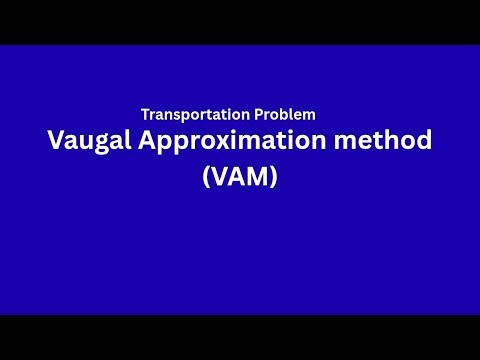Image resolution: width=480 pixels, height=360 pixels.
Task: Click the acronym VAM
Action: click(239, 180)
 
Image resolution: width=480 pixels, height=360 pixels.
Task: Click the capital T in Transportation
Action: click(145, 115)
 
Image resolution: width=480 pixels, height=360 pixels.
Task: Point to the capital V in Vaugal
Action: click(55, 141)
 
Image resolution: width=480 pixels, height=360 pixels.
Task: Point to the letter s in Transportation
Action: click(177, 116)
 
